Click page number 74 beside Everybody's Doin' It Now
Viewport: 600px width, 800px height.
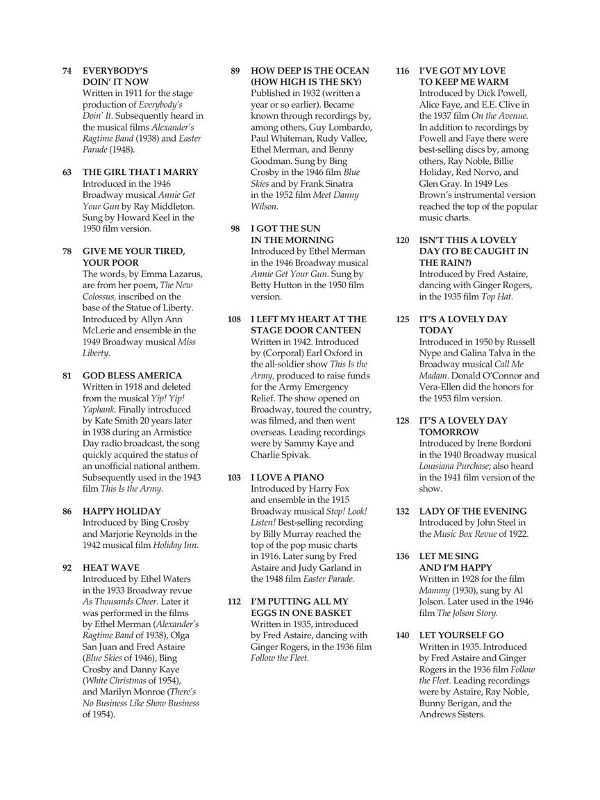[67, 71]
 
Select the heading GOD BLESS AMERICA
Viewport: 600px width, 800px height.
[133, 376]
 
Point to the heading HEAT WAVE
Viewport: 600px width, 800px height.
[111, 567]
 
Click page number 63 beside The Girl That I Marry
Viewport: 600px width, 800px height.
[67, 172]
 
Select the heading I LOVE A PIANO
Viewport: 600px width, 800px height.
[287, 477]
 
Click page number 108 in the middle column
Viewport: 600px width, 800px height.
[234, 319]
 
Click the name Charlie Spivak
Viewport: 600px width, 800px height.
[281, 454]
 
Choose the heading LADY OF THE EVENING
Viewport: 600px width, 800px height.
[473, 511]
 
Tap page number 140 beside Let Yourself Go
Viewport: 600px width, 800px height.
[403, 635]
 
